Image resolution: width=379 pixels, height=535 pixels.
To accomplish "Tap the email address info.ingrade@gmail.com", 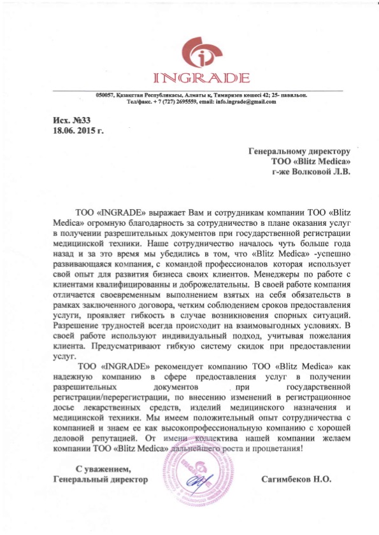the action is point(247,102).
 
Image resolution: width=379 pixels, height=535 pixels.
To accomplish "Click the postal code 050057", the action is point(105,95).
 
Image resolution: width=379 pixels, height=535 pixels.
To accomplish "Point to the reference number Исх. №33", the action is point(56,120).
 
